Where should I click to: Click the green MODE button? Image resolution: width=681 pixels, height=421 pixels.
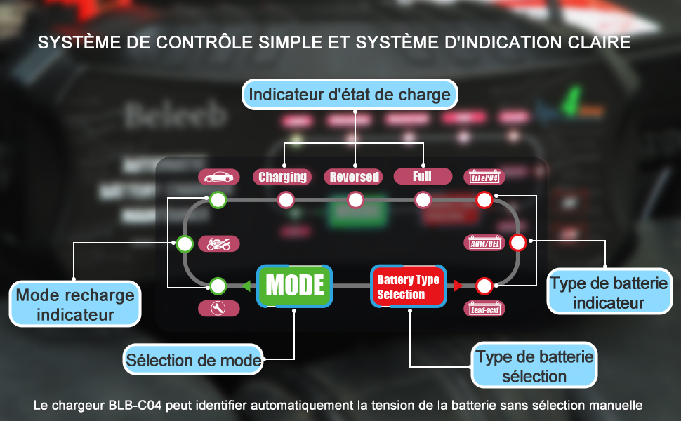[294, 286]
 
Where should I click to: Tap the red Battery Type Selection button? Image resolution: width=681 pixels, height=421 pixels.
[408, 286]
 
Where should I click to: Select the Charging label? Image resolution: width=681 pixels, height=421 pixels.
[283, 177]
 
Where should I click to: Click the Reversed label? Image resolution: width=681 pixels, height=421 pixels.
[355, 177]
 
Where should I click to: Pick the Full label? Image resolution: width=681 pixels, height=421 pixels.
[423, 175]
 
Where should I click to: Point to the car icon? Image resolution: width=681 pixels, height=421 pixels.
[218, 177]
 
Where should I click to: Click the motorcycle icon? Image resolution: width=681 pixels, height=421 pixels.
[218, 244]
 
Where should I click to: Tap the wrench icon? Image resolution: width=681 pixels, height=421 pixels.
[218, 308]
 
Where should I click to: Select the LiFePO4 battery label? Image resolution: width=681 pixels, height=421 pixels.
[484, 177]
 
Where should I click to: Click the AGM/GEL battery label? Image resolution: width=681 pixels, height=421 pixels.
[484, 243]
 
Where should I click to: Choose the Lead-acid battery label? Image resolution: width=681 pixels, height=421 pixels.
[484, 307]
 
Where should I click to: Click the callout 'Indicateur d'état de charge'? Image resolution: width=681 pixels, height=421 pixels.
[350, 94]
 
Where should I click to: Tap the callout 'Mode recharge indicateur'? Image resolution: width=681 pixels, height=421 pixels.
[75, 304]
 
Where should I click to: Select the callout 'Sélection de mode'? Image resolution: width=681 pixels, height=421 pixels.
[194, 361]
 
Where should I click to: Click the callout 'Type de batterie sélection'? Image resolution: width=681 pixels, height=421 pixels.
[534, 366]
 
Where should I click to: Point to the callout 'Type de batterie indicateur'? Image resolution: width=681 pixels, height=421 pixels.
[608, 293]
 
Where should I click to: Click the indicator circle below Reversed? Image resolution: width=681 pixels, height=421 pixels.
[355, 201]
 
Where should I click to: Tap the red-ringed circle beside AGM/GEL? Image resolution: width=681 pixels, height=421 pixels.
[517, 243]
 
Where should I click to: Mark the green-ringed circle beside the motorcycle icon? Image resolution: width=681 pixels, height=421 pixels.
[185, 244]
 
